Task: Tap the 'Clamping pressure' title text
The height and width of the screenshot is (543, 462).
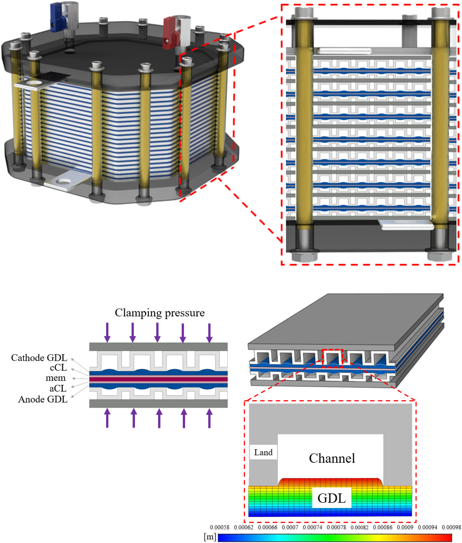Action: [159, 313]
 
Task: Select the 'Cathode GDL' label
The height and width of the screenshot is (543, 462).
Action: [39, 358]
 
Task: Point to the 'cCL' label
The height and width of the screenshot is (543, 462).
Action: [58, 368]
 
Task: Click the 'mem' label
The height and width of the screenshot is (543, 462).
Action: [56, 378]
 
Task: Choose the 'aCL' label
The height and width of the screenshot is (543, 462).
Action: [58, 388]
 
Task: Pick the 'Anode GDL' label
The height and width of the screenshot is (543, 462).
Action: [43, 399]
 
